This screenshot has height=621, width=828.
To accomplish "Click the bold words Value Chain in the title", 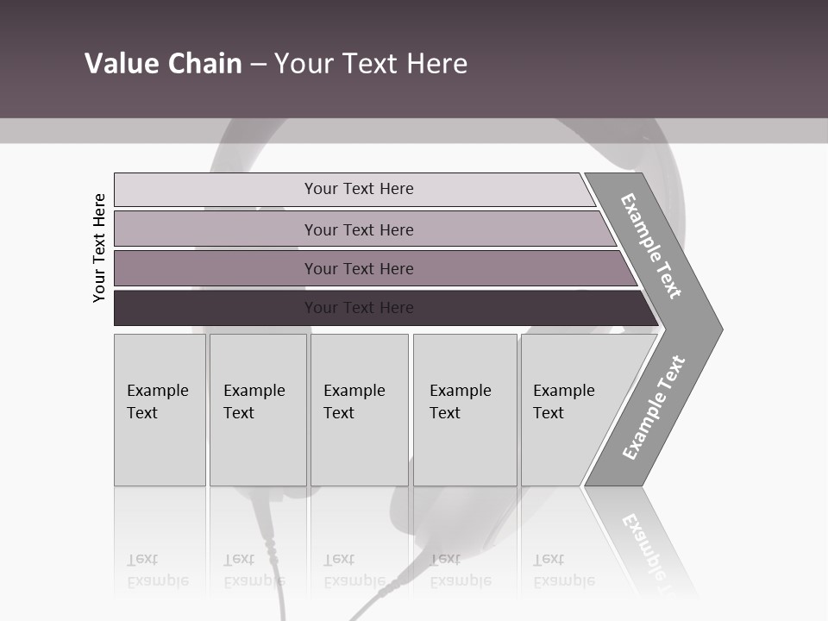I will [163, 64].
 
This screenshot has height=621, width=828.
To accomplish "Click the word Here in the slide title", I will [436, 64].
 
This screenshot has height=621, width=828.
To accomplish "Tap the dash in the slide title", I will [258, 65].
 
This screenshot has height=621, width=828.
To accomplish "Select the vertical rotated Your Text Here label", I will [99, 248].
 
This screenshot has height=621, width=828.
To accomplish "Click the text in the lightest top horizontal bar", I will [359, 189].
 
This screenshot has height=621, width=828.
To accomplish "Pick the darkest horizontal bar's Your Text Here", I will [359, 308].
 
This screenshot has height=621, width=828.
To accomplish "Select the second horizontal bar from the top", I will [359, 229].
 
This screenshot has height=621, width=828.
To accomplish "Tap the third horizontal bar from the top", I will [359, 268].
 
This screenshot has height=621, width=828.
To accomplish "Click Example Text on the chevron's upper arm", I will [651, 246].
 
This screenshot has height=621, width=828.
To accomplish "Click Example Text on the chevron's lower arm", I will [654, 407].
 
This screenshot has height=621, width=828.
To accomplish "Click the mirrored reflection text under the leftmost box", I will [158, 571].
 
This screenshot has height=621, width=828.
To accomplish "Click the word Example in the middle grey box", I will [354, 391].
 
